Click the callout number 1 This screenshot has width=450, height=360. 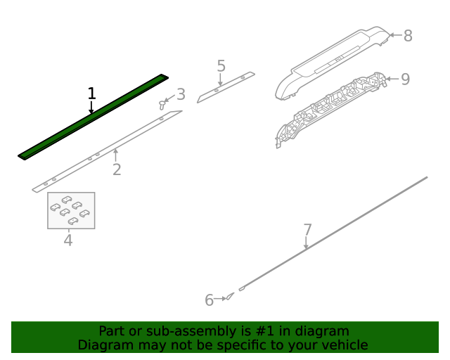click(x=91, y=93)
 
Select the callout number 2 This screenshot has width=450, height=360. click(x=117, y=169)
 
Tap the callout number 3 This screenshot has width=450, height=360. click(x=181, y=94)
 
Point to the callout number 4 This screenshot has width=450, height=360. click(x=68, y=240)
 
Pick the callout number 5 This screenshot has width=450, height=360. click(x=221, y=66)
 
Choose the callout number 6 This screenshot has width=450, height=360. click(x=209, y=301)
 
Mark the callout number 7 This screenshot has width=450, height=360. click(x=307, y=229)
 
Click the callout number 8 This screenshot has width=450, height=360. click(x=408, y=34)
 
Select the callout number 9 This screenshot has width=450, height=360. click(x=405, y=79)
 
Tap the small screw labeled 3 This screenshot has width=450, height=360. click(x=164, y=104)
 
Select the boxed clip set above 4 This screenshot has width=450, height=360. click(x=71, y=210)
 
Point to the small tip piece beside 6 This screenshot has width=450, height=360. click(x=230, y=297)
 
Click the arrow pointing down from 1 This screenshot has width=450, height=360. click(x=91, y=107)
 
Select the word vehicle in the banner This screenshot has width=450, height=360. click(x=343, y=345)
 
